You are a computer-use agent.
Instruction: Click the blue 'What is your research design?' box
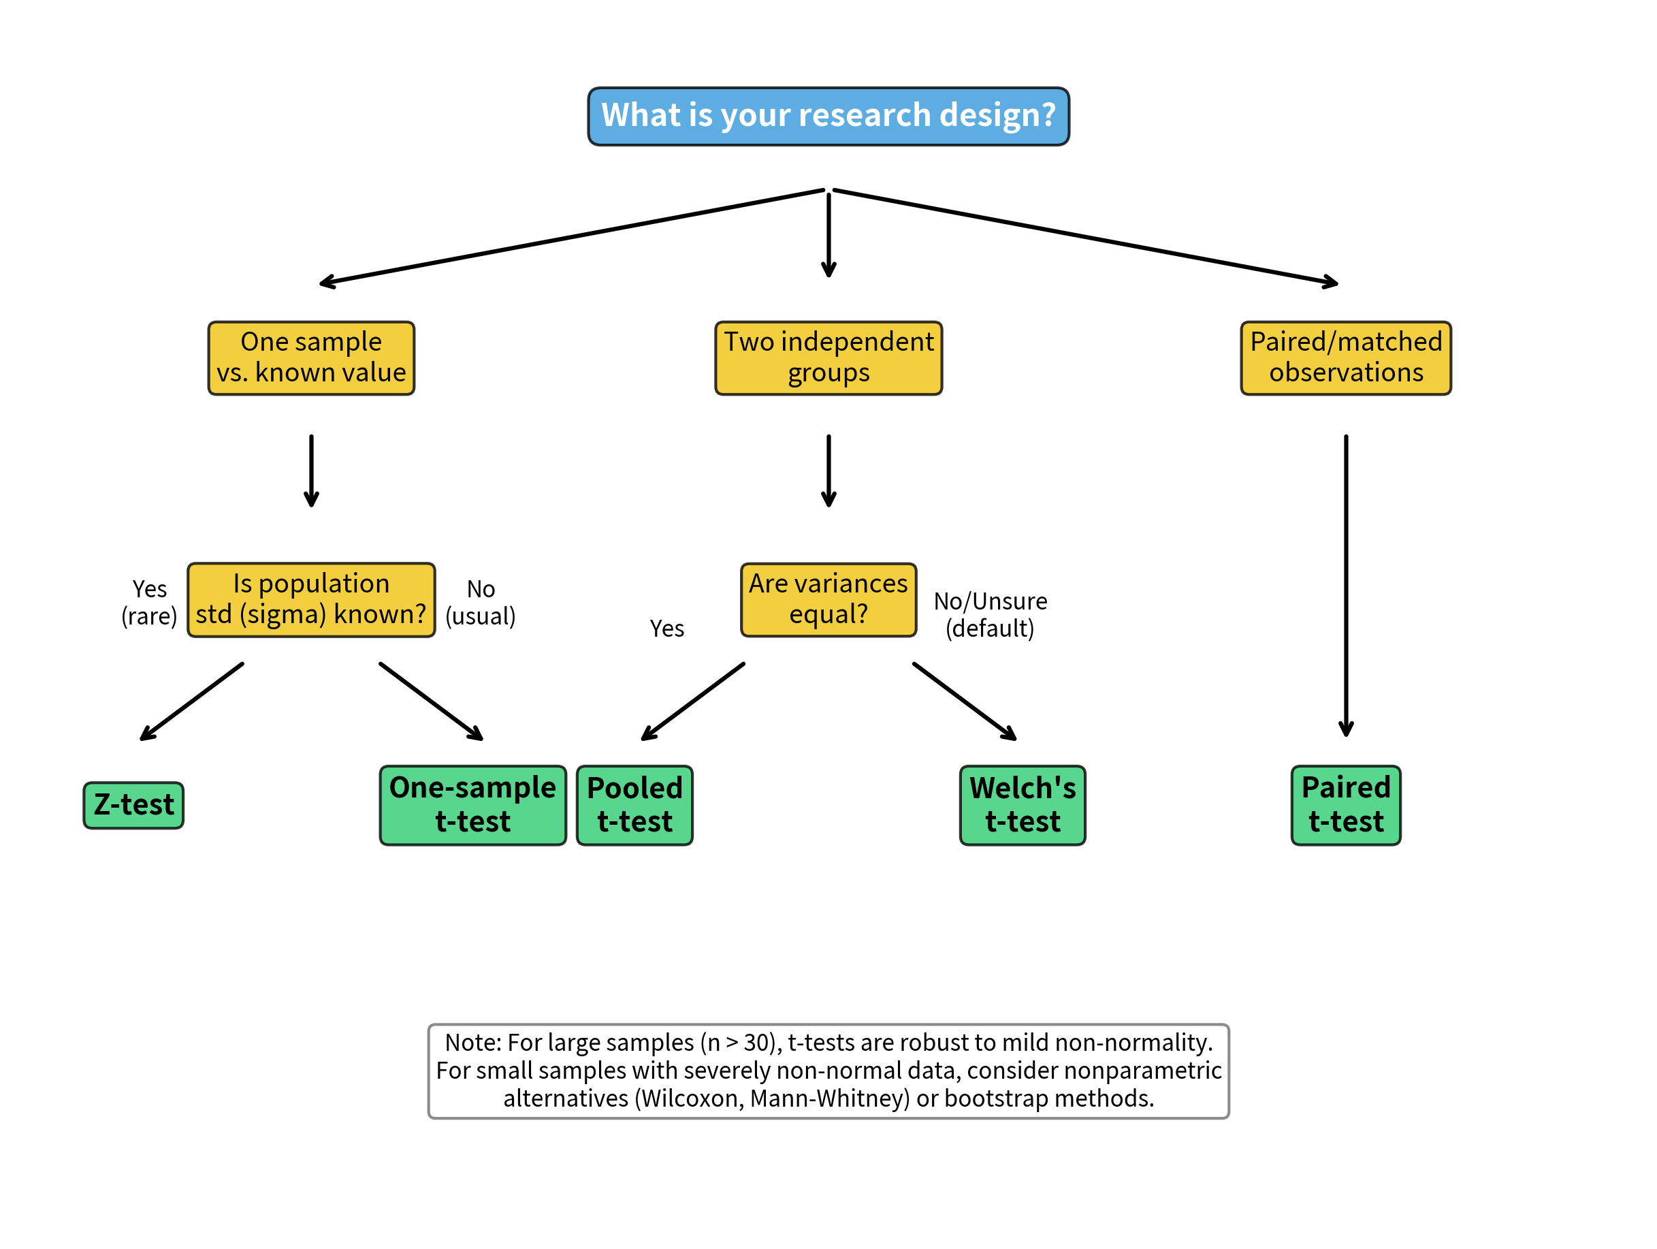pos(828,116)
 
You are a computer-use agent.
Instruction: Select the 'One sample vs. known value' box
pos(311,358)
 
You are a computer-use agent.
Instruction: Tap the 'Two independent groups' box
pos(828,358)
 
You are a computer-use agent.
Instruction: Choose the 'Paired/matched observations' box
pos(1345,358)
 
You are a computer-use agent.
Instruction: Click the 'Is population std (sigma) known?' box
pos(311,599)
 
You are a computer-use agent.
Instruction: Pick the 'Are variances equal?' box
pos(828,599)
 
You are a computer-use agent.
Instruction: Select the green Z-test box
pos(133,806)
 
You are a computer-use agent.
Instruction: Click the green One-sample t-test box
pos(472,806)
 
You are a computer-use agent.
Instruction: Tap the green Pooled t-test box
pos(634,806)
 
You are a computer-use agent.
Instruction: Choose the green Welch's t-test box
pos(1023,806)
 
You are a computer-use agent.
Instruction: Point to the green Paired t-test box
pos(1345,806)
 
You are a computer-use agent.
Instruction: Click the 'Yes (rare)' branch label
pos(149,603)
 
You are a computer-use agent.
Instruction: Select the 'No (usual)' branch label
pos(480,603)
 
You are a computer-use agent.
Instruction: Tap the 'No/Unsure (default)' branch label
pos(990,614)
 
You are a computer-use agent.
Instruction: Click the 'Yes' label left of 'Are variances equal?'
pos(666,629)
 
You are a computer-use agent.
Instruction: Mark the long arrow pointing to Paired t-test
pos(1345,584)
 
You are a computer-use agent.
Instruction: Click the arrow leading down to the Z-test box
pos(193,701)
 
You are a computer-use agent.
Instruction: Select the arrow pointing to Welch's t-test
pos(964,701)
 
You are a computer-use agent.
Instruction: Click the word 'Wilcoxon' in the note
pos(691,1098)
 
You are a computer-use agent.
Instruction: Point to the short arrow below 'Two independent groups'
pos(828,471)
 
